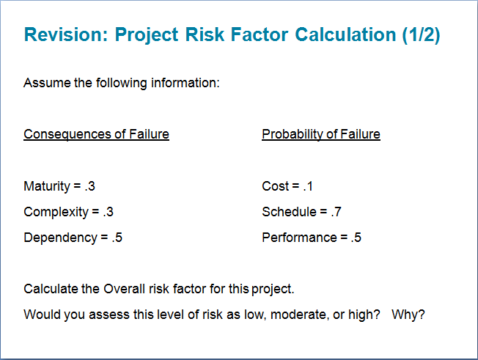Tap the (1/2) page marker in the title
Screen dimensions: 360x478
point(421,34)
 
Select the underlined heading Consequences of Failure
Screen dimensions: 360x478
point(96,134)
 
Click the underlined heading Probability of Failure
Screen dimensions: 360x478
point(321,134)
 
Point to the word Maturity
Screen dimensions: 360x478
point(47,186)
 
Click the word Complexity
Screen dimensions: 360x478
point(56,212)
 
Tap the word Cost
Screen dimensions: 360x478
point(275,186)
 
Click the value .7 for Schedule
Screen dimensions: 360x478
point(335,212)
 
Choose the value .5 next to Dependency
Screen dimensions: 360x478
point(117,238)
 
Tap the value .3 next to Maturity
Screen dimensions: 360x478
point(89,186)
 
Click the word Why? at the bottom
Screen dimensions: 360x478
point(408,315)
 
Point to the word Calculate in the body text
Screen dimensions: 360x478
point(51,289)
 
